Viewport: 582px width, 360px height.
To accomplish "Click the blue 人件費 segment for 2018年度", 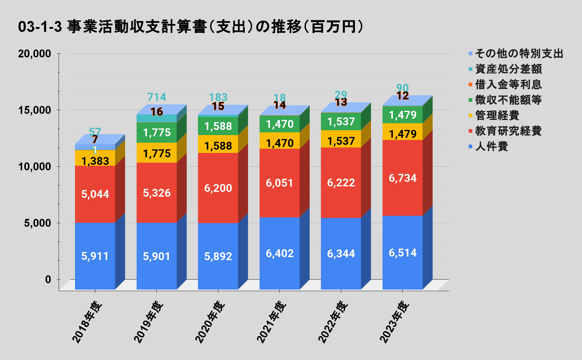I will point(95,256).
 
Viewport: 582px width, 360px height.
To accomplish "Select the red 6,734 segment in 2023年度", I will point(403,178).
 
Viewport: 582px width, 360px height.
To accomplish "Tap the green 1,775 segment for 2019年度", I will point(157,133).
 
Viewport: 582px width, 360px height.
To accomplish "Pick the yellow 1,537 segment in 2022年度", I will point(341,139).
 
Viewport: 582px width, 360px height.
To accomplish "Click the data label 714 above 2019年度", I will point(157,97).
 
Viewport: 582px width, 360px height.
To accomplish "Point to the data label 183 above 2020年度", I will point(218,97).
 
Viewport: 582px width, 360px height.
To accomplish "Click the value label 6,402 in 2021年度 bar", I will point(280,253).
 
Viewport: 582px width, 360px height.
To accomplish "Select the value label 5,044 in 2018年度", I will point(95,194).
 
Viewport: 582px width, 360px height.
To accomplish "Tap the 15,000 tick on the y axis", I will point(34,110).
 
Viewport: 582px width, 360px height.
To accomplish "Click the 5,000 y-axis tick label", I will point(37,223).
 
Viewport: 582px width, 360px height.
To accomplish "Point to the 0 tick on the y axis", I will point(48,280).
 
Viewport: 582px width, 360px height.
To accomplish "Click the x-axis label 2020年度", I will point(210,322).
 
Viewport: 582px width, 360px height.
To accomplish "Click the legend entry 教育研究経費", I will point(508,131).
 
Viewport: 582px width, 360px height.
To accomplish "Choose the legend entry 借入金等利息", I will point(508,84).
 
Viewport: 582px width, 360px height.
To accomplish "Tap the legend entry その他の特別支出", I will point(519,53).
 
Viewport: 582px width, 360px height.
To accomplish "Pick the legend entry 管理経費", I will point(497,115).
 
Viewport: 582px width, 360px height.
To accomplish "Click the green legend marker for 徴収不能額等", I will point(471,100).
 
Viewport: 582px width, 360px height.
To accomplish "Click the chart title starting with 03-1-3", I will point(190,27).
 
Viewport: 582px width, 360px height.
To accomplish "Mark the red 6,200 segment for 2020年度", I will point(218,188).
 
